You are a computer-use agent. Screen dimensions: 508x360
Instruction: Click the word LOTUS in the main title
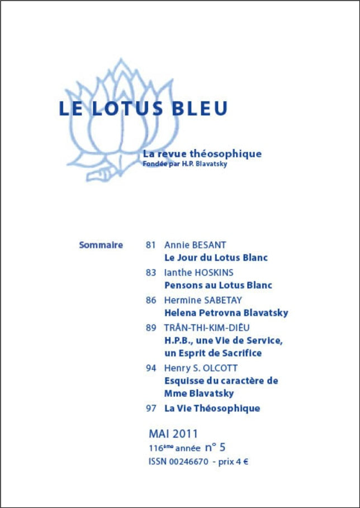127,109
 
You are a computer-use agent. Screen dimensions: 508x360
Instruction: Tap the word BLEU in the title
200,109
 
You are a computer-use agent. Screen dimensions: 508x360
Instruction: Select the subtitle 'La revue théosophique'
202,154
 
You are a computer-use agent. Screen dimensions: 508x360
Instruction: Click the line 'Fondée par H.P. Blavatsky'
184,164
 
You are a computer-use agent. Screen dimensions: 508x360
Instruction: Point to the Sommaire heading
101,245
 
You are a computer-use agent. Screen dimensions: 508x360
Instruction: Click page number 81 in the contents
150,245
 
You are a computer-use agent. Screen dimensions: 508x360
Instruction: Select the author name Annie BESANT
195,245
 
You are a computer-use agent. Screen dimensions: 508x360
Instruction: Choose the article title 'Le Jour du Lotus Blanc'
216,258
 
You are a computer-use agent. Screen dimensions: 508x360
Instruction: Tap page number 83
150,272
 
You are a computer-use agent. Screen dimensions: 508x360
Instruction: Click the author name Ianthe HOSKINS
199,272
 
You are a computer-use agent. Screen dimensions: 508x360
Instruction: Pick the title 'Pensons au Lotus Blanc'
218,285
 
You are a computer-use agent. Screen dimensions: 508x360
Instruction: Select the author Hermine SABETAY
203,300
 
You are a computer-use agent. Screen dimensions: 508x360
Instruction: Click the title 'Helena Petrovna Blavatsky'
226,313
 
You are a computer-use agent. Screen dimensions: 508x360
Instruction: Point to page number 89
150,328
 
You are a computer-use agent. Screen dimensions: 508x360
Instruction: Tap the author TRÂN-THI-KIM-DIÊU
206,328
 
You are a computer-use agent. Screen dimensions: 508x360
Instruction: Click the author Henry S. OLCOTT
201,368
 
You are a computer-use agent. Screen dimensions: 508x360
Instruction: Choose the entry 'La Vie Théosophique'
212,408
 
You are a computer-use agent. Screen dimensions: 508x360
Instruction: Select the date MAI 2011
173,434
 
